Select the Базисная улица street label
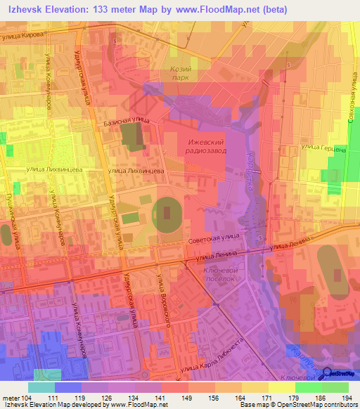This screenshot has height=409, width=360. click(x=126, y=121)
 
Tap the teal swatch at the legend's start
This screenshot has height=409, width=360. click(x=41, y=387)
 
